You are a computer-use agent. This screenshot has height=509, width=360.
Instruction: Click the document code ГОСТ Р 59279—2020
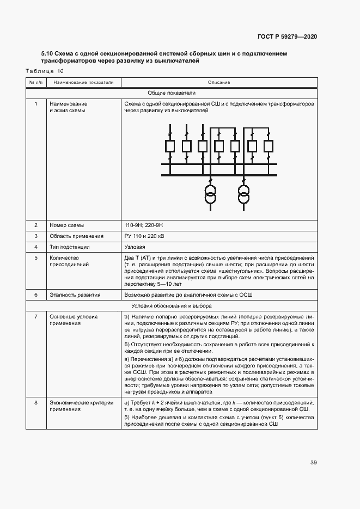pyautogui.click(x=287, y=36)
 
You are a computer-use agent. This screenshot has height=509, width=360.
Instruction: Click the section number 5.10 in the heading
pyautogui.click(x=47, y=54)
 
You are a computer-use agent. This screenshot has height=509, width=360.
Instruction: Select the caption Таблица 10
pyautogui.click(x=45, y=71)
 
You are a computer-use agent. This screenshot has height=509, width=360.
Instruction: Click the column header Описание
pyautogui.click(x=219, y=83)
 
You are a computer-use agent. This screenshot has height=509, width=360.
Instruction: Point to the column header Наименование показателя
pyautogui.click(x=83, y=83)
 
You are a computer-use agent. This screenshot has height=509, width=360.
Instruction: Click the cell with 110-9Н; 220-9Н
pyautogui.click(x=145, y=225)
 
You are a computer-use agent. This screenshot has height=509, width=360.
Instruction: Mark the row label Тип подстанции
pyautogui.click(x=71, y=247)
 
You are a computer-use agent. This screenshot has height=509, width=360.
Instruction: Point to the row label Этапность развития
pyautogui.click(x=75, y=295)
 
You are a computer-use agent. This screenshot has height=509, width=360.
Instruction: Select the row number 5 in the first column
pyautogui.click(x=36, y=257)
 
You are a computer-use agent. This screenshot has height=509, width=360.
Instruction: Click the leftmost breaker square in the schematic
pyautogui.click(x=170, y=146)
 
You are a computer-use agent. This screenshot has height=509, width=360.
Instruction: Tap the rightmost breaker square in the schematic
pyautogui.click(x=268, y=146)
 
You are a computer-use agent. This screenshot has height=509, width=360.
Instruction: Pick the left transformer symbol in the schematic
pyautogui.click(x=210, y=194)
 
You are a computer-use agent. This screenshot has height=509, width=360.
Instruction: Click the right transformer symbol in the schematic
pyautogui.click(x=243, y=194)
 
